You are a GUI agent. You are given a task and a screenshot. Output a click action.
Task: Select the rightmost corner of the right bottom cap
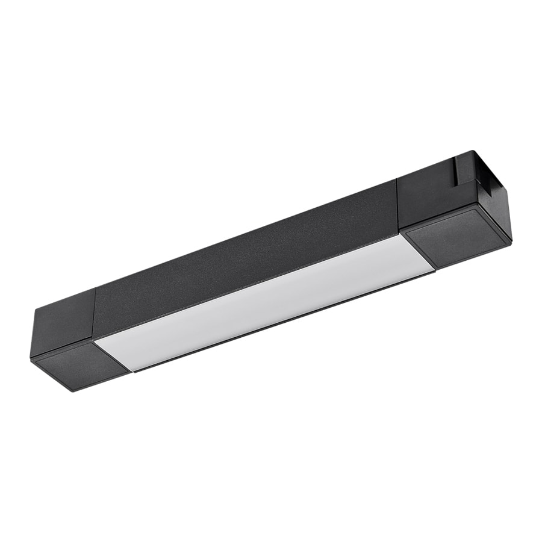(x=511, y=237)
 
